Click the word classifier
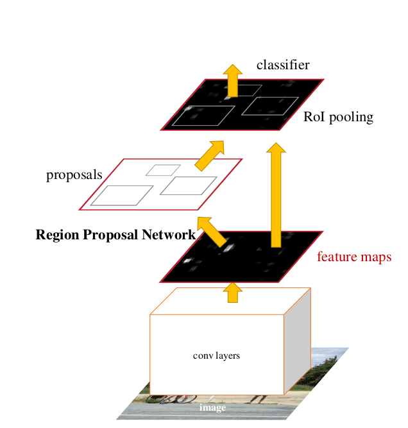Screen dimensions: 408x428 pyautogui.click(x=283, y=65)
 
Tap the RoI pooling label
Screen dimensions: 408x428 pyautogui.click(x=338, y=117)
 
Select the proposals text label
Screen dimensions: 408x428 pyautogui.click(x=74, y=175)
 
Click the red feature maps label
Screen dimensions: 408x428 pyautogui.click(x=354, y=257)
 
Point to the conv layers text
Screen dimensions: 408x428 pyautogui.click(x=216, y=355)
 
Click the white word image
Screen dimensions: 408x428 pyautogui.click(x=212, y=407)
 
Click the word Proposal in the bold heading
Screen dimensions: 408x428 pyautogui.click(x=115, y=235)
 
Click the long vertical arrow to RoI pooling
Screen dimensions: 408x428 pyautogui.click(x=276, y=195)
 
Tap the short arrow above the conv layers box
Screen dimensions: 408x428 pyautogui.click(x=232, y=293)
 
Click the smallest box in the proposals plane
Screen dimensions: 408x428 pyautogui.click(x=162, y=170)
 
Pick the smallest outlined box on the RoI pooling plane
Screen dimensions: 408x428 pyautogui.click(x=244, y=90)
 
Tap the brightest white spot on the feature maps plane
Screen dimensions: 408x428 pyautogui.click(x=188, y=261)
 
